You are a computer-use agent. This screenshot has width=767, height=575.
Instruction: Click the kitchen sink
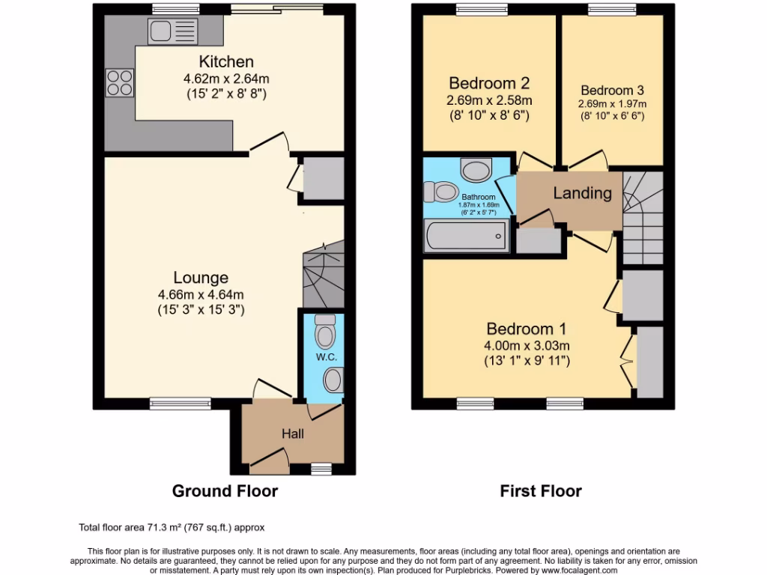[x=172, y=31]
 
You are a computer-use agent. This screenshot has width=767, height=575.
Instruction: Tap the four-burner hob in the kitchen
[x=120, y=82]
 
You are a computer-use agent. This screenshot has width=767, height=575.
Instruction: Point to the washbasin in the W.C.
[x=332, y=380]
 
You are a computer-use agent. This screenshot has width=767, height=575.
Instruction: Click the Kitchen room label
[x=225, y=61]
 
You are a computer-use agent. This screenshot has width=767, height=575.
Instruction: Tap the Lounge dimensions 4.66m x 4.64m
[x=201, y=294]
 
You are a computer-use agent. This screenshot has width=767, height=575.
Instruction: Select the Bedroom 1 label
[x=527, y=329]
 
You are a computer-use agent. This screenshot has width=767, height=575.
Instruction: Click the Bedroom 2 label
[x=483, y=83]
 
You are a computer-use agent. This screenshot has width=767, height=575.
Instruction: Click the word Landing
[x=582, y=193]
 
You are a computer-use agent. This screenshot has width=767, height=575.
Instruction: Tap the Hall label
[x=293, y=433]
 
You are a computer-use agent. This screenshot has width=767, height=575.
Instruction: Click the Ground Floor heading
[x=225, y=491]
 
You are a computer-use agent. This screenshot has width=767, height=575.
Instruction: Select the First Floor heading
[x=541, y=491]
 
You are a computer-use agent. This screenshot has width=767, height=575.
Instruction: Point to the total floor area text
[x=172, y=527]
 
